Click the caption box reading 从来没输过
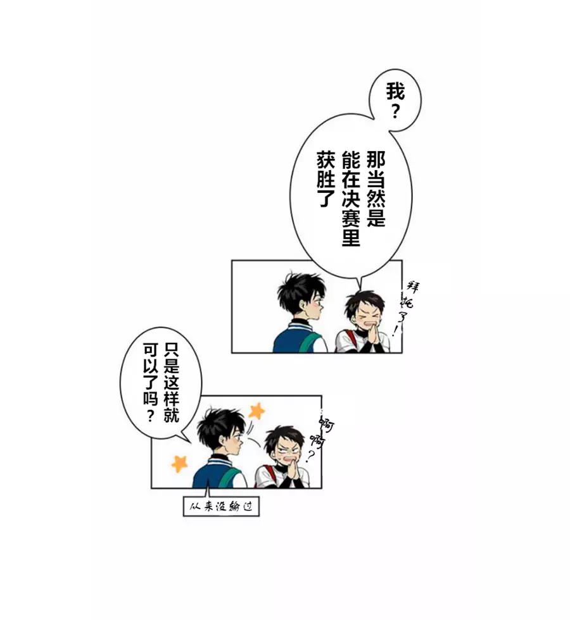(x=221, y=507)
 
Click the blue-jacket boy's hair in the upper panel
(x=299, y=291)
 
